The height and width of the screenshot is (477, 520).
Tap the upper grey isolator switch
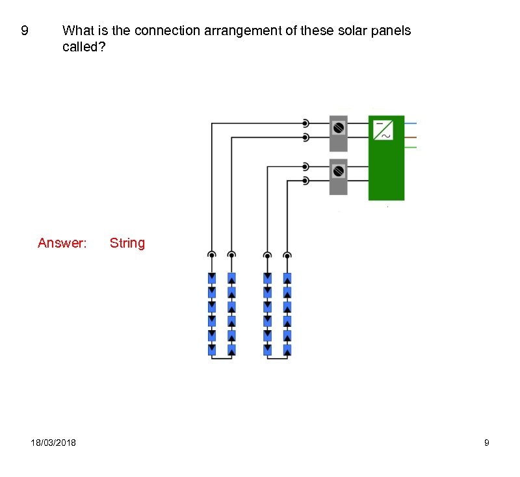[338, 133]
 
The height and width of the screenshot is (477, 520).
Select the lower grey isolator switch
[338, 177]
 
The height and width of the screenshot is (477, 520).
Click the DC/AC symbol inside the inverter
[382, 129]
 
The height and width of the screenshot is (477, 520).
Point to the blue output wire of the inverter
[410, 123]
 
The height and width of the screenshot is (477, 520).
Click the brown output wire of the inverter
[410, 137]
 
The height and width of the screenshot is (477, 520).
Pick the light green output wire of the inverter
[410, 148]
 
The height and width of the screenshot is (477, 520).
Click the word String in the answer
[127, 243]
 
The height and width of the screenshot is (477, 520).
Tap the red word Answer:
[62, 243]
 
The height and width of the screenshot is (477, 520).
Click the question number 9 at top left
[25, 31]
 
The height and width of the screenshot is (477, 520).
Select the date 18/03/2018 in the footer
[53, 443]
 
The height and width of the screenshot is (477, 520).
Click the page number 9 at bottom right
[487, 443]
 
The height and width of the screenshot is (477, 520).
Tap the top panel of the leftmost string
[211, 278]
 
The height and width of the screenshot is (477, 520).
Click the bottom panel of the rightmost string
[287, 350]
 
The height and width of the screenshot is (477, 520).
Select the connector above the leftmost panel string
[211, 255]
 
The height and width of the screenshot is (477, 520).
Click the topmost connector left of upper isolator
[305, 123]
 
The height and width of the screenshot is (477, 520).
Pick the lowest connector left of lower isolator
[305, 181]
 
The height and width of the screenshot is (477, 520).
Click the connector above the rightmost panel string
[287, 255]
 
